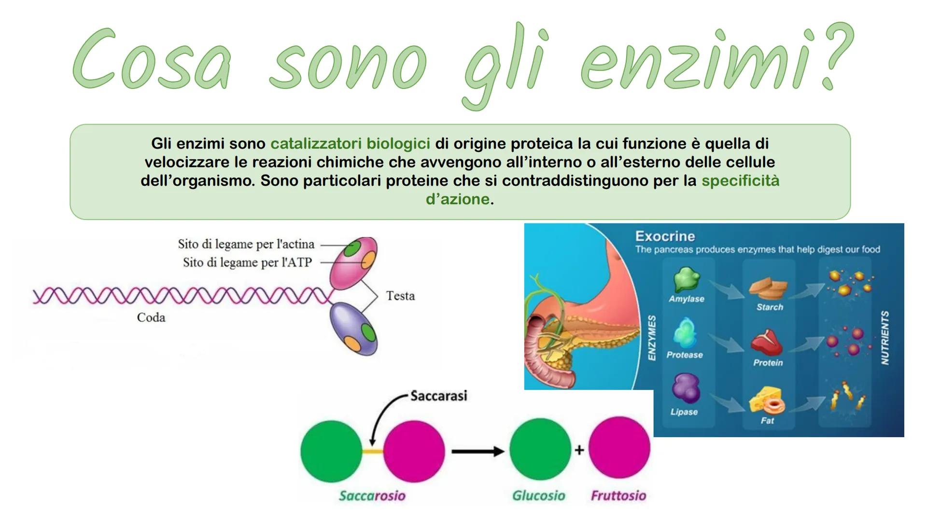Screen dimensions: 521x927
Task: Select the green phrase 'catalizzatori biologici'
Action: [350, 144]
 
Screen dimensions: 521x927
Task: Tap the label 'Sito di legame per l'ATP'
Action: [247, 262]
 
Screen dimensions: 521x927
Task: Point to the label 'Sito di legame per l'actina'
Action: [246, 244]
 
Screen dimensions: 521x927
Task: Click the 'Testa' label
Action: [400, 296]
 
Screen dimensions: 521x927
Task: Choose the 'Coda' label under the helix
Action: [151, 317]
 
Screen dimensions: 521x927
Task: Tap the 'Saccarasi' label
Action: [438, 396]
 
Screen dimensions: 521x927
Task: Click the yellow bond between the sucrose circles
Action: [372, 451]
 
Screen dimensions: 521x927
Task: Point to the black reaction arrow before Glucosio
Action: [477, 451]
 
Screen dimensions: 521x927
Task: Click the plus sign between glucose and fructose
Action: [579, 450]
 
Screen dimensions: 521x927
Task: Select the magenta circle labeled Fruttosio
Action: [619, 449]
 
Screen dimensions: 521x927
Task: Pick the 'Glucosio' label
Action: [538, 495]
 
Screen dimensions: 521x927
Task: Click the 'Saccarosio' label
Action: [372, 495]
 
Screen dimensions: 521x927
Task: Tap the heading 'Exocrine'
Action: [665, 236]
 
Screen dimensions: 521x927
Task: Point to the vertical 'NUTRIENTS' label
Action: [885, 338]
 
